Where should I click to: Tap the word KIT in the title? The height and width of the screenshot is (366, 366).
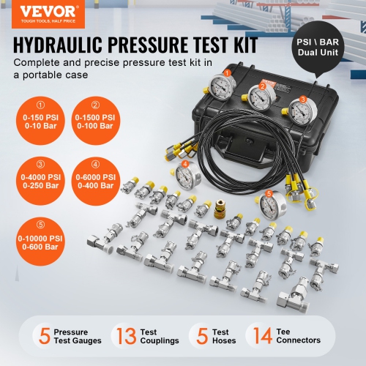pyautogui.click(x=239, y=46)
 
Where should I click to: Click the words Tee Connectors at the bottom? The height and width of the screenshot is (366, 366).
pyautogui.click(x=298, y=335)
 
